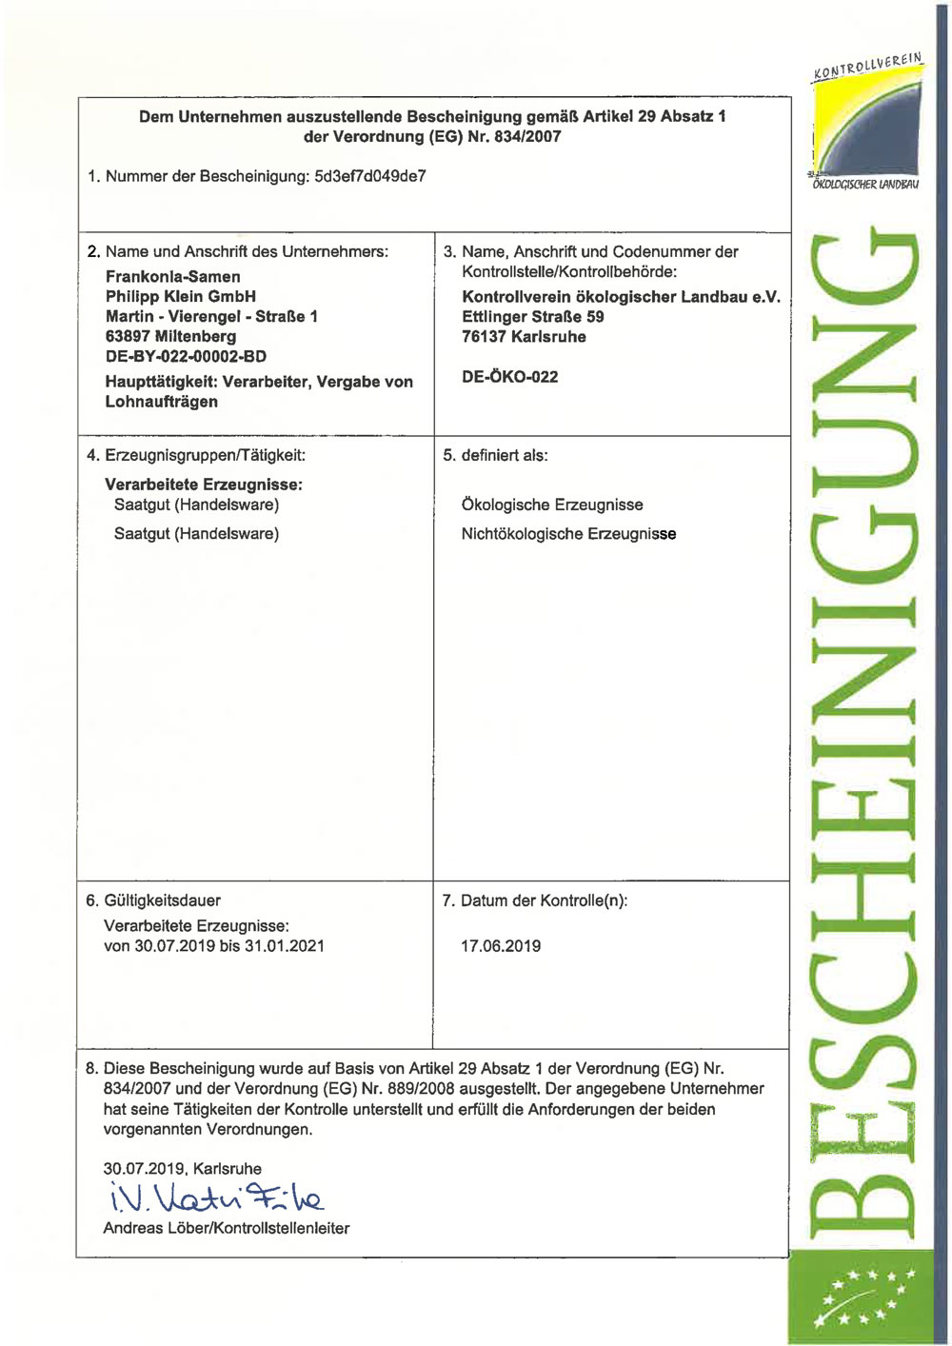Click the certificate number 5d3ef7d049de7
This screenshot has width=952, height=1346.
pyautogui.click(x=369, y=176)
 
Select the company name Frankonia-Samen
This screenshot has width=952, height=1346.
pyautogui.click(x=172, y=277)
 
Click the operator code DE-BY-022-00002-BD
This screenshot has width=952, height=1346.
pyautogui.click(x=186, y=356)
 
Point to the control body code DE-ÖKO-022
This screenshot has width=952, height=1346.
pyautogui.click(x=509, y=376)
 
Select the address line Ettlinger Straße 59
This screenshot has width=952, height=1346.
pyautogui.click(x=532, y=316)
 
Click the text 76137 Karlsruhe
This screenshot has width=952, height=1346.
pyautogui.click(x=524, y=336)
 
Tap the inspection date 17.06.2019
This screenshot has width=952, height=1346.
pyautogui.click(x=501, y=946)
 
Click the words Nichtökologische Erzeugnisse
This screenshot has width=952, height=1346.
pyautogui.click(x=568, y=534)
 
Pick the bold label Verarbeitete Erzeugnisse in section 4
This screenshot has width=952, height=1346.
pyautogui.click(x=204, y=485)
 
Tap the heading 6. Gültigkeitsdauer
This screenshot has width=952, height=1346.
pyautogui.click(x=153, y=901)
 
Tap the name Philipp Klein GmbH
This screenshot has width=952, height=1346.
pyautogui.click(x=180, y=296)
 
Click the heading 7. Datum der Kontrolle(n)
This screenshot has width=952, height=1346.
pyautogui.click(x=534, y=901)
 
